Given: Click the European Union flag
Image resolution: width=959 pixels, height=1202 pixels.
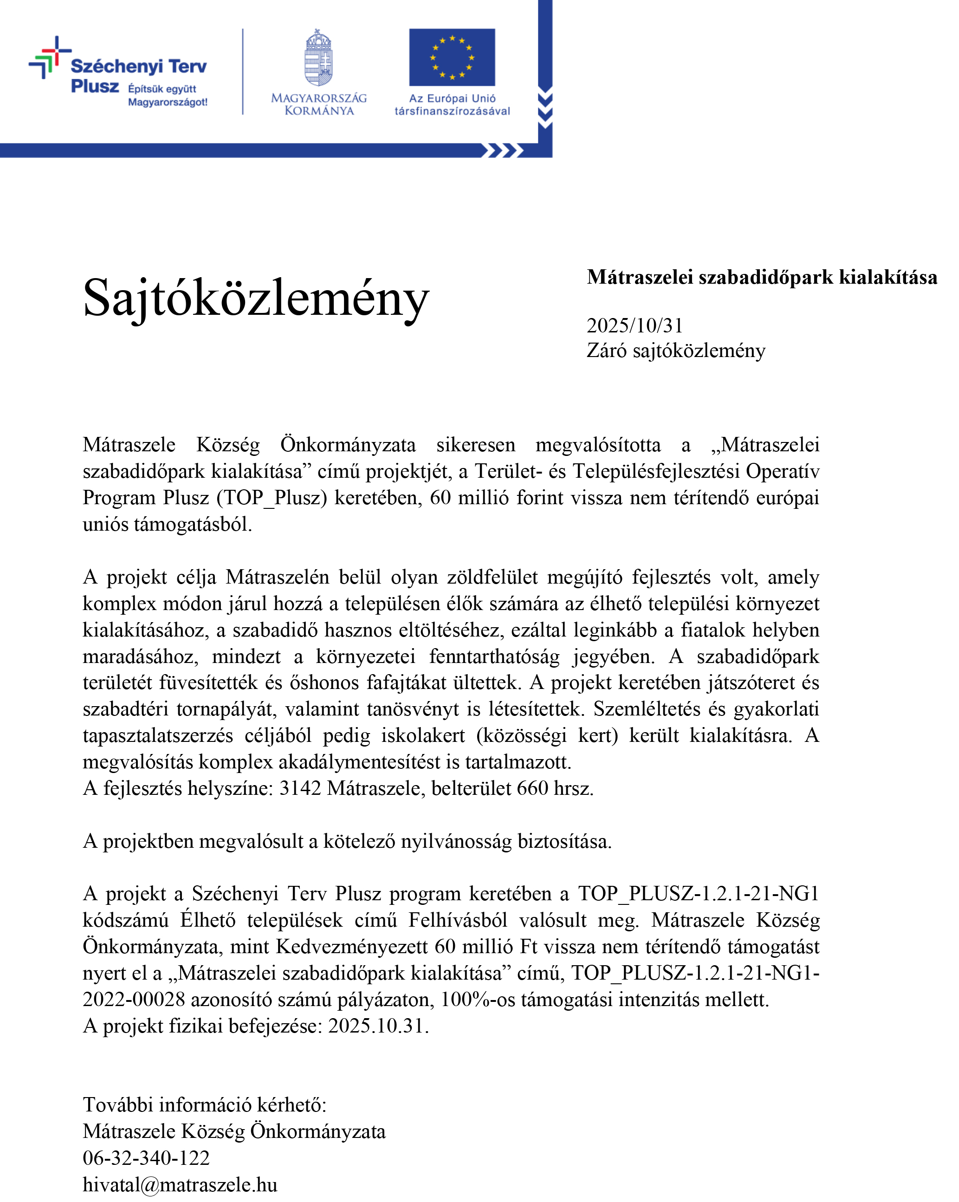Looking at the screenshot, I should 452,58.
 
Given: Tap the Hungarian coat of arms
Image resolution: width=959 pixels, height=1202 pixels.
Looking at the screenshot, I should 318,58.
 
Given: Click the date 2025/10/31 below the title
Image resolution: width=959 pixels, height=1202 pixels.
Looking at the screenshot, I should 635,325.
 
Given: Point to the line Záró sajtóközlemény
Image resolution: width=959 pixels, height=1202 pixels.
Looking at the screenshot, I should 676,351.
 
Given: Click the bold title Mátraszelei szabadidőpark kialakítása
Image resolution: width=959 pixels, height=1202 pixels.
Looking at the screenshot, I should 762,277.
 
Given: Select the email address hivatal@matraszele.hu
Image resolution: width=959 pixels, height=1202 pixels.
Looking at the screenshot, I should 180,1185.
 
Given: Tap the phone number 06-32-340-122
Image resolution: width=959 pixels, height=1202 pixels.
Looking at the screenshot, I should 146,1158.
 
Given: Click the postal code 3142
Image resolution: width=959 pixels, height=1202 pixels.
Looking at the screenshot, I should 300,788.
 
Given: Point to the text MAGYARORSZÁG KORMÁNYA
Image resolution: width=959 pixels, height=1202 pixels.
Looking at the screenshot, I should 319,104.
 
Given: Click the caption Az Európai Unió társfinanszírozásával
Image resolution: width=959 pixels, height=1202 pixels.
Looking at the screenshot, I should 452,104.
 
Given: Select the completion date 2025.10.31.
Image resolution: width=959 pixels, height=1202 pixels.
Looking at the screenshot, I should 378,1026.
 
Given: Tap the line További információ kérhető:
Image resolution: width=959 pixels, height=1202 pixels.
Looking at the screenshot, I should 205,1105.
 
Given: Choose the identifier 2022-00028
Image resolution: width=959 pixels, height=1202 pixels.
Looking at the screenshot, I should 134,1000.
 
